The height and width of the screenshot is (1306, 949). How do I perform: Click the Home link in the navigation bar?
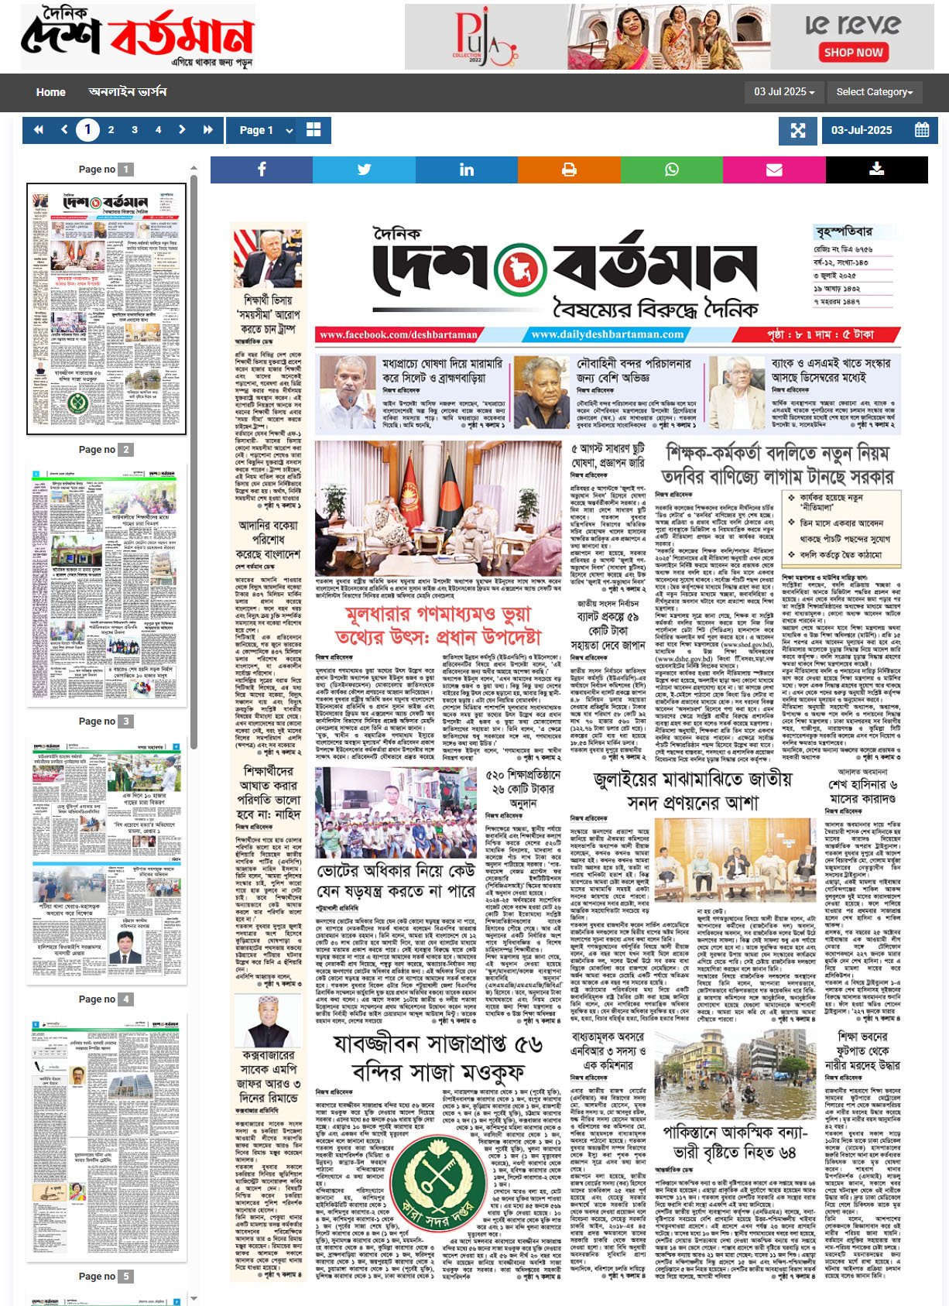(50, 92)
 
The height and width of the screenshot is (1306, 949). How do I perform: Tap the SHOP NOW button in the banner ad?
(853, 53)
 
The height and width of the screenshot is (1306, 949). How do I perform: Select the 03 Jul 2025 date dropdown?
(784, 92)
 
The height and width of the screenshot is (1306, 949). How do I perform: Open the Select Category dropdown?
(874, 92)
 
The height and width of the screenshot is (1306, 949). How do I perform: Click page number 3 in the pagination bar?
(135, 130)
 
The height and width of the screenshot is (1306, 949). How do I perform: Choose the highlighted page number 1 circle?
(87, 130)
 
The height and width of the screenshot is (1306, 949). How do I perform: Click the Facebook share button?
(262, 170)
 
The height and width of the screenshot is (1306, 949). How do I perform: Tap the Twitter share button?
(364, 170)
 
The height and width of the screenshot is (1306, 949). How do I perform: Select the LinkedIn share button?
(466, 170)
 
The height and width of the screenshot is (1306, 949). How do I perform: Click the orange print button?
(569, 170)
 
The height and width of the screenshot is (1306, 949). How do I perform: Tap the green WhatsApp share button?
(671, 170)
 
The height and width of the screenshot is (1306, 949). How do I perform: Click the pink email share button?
(774, 170)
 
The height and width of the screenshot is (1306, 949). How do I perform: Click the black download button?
(876, 170)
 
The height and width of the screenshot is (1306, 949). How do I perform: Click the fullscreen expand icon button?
(798, 130)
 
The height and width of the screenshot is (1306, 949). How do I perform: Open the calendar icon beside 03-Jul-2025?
(921, 130)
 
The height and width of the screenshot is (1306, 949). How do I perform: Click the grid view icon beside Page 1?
(313, 130)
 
